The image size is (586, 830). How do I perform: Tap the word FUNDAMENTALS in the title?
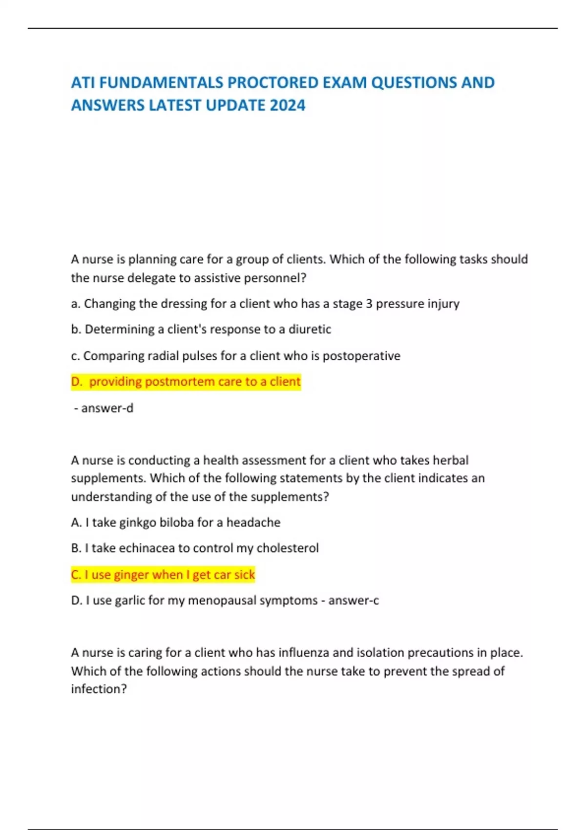pyautogui.click(x=161, y=83)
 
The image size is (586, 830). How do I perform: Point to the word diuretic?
pyautogui.click(x=310, y=330)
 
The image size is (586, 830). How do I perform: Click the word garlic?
pyautogui.click(x=130, y=601)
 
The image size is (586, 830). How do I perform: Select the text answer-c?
pyautogui.click(x=354, y=601)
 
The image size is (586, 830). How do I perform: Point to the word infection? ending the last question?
pyautogui.click(x=99, y=689)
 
